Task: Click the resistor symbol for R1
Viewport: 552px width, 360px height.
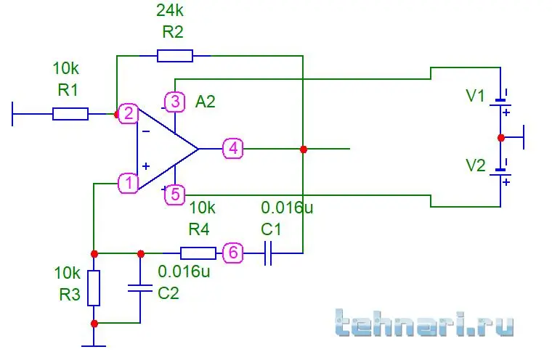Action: point(70,114)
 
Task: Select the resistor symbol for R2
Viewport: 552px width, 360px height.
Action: point(175,56)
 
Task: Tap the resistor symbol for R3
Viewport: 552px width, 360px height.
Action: point(94,288)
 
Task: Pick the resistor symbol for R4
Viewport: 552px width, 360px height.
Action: point(198,253)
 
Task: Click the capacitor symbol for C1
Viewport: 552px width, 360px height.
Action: point(268,253)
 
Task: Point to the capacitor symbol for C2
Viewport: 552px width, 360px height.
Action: point(139,288)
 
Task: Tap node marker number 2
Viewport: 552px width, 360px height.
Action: point(129,113)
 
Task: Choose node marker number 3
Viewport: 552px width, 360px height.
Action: point(175,102)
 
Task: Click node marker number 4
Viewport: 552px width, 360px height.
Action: point(233,149)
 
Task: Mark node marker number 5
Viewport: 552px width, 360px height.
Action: point(175,194)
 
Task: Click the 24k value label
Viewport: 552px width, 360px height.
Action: point(169,11)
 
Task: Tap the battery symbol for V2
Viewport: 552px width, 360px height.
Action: point(500,172)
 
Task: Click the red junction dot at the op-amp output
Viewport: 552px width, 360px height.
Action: point(303,149)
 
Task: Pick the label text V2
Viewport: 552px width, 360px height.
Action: point(476,165)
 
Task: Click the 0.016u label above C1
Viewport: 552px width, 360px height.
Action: point(287,208)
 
